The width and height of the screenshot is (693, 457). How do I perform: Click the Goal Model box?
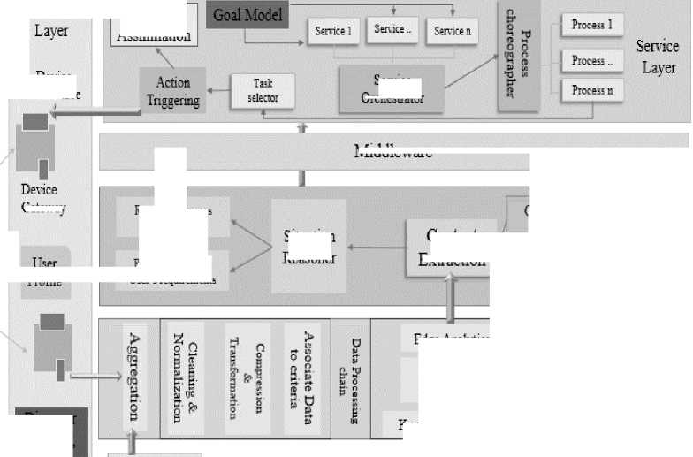coord(248,15)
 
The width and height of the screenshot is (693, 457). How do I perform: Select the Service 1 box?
coord(332,32)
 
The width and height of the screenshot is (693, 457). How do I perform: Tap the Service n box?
coord(453,32)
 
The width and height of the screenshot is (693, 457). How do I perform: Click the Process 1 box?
coord(591,25)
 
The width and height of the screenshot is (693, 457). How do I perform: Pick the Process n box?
coord(591,90)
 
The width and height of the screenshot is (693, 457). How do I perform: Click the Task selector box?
coord(263,92)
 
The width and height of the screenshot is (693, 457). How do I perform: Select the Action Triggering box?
coord(173,91)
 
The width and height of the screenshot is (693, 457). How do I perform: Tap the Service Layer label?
coord(658,57)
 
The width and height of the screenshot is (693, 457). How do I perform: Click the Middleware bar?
coord(393,151)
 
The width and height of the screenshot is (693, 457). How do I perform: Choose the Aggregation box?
coord(134,376)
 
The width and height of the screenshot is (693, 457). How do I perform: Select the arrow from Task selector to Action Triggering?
coord(217,91)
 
